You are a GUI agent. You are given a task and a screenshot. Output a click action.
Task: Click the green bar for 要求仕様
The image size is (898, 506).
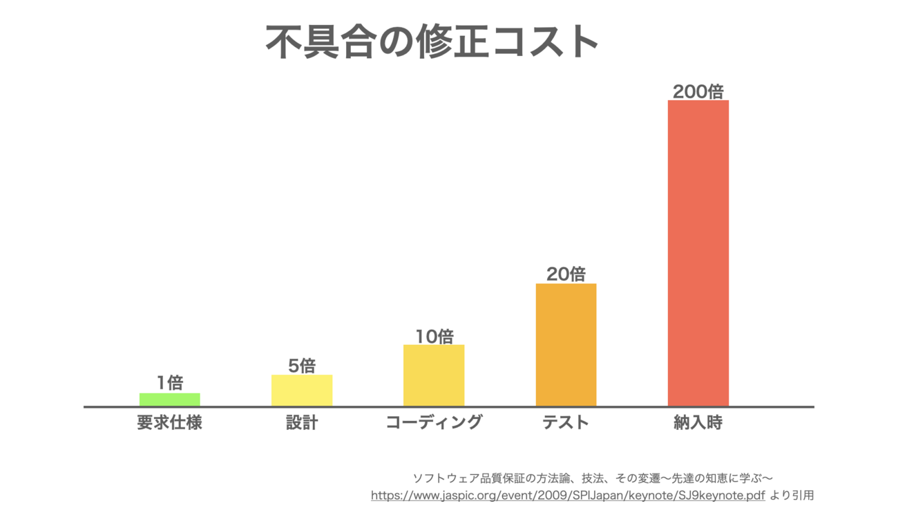(169, 400)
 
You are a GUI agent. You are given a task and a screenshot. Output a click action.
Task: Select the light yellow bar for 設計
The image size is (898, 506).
(302, 391)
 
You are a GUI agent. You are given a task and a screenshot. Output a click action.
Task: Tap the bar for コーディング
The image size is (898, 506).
(434, 375)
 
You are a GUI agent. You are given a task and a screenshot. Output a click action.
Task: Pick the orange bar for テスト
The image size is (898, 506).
(566, 345)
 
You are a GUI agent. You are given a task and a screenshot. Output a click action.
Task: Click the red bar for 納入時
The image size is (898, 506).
(698, 253)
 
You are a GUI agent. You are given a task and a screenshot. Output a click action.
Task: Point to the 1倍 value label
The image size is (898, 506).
(170, 382)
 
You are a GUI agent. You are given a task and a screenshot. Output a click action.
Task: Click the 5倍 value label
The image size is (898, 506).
(302, 365)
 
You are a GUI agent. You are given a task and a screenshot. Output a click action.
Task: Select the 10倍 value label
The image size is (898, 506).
(434, 336)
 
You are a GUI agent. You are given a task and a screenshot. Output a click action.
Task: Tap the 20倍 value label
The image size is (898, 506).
(566, 274)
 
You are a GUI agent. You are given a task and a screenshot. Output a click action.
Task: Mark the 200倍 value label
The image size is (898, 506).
(698, 91)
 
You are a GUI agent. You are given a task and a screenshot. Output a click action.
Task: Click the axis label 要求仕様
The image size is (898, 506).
(169, 422)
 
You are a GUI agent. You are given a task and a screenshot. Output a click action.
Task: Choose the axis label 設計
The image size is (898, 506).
(302, 422)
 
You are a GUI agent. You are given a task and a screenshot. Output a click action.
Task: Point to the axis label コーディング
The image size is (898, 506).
(434, 422)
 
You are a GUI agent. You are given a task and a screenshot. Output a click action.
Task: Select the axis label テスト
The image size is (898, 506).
(566, 422)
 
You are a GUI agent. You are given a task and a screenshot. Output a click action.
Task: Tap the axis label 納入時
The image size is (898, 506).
(698, 422)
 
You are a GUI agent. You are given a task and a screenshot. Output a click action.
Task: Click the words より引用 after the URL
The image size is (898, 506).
(792, 495)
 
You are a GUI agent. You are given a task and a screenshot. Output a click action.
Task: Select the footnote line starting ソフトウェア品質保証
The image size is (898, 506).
(592, 478)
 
